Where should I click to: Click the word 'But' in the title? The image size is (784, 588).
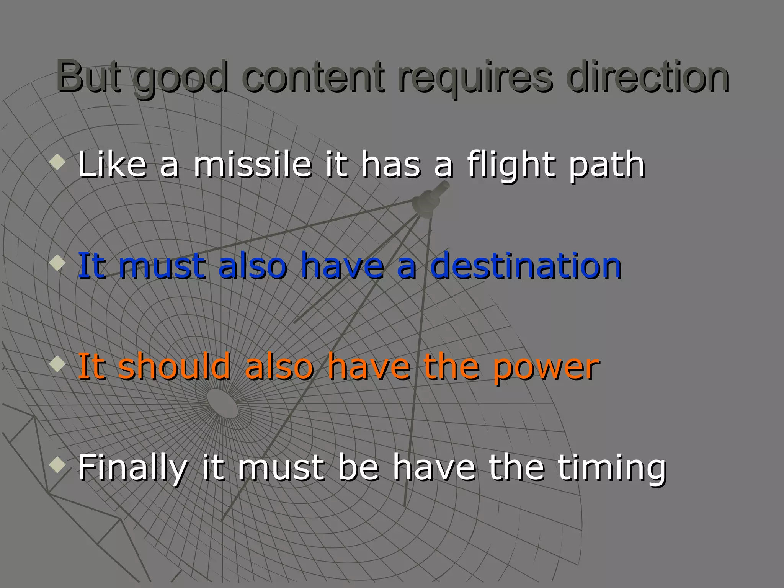89,77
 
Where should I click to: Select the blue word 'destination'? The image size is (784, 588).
526,265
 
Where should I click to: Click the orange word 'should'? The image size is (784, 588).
175,366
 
